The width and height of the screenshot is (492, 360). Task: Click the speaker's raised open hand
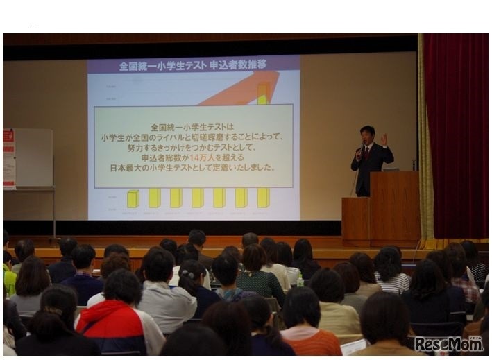pyautogui.click(x=383, y=139)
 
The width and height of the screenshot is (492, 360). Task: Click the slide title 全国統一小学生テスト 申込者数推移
pyautogui.click(x=193, y=65)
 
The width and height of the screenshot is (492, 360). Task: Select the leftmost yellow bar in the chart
pyautogui.click(x=133, y=199)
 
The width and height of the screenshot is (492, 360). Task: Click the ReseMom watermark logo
pyautogui.click(x=448, y=343)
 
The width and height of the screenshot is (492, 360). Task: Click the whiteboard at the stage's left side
pyautogui.click(x=31, y=157)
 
